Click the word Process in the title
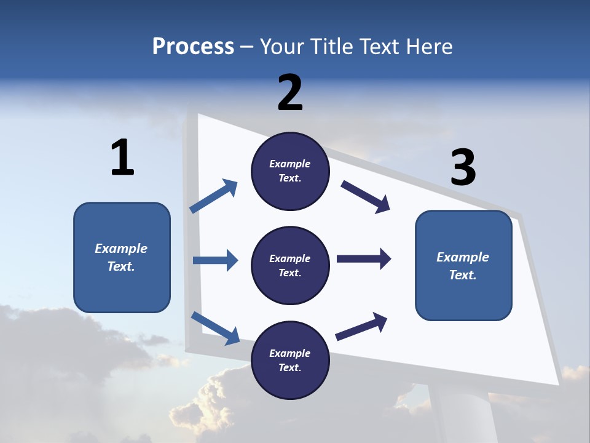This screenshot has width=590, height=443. pos(193,47)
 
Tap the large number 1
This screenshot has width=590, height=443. pos(122,158)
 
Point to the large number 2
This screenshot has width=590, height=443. pos(290,93)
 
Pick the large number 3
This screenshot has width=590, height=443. pos(463,167)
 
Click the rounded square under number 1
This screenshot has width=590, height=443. pos(122,257)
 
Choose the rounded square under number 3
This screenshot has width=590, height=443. pos(463,266)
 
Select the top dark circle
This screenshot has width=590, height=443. pos(290,171)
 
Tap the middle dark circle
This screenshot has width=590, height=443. pos(290,265)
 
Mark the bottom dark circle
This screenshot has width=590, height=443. pos(290,360)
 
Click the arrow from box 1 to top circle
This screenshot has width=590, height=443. pos(214,196)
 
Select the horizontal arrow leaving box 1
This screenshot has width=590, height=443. pos(215,260)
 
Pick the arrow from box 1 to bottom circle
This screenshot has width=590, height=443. pos(215,327)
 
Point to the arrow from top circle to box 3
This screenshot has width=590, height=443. pos(366,197)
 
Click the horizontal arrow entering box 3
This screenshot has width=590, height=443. pos(364,259)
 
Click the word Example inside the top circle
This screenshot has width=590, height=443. pos(290,164)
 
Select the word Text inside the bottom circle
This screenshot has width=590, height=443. pos(289,367)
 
